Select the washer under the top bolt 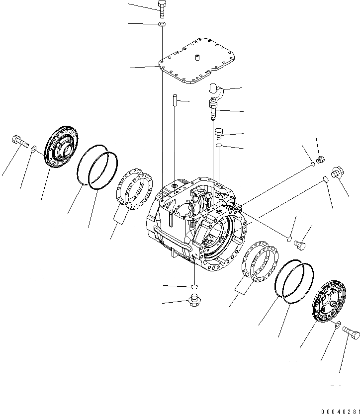coord(163,24)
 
